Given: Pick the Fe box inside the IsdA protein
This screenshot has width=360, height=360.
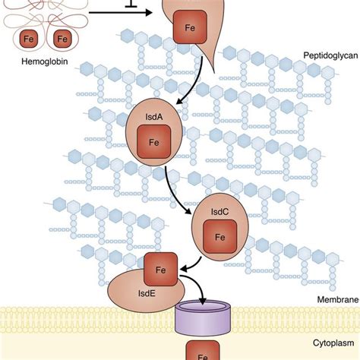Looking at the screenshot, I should (x=153, y=141).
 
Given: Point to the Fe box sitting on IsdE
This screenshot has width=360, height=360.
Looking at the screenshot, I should (x=161, y=268).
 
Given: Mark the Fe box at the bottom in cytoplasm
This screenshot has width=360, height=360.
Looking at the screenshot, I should (x=204, y=354).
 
